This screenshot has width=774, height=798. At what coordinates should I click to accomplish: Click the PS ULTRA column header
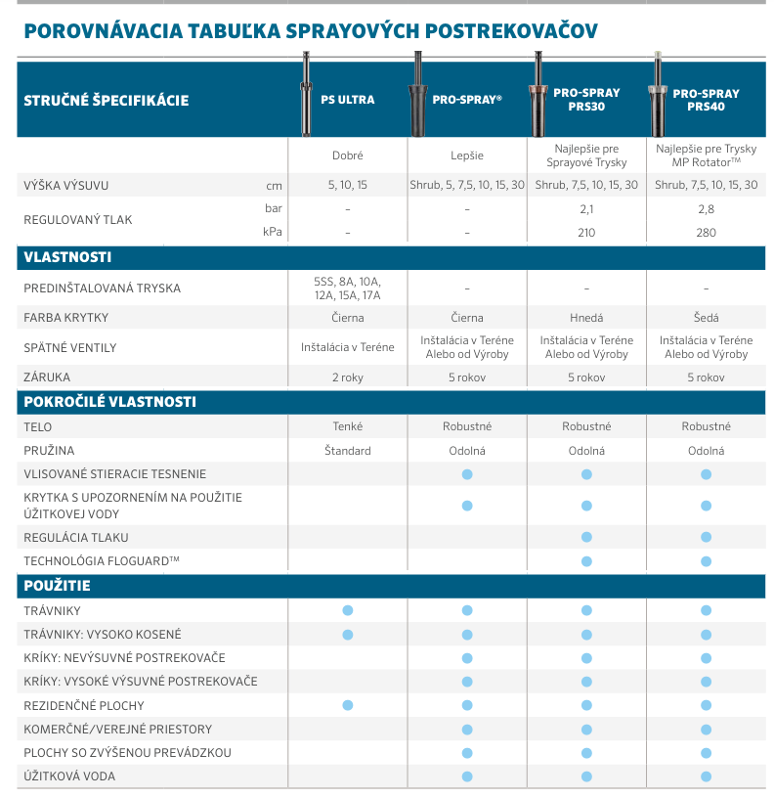click(x=348, y=100)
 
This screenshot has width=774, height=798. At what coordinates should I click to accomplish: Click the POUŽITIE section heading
click(x=57, y=586)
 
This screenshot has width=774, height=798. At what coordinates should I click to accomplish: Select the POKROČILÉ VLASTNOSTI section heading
click(x=109, y=401)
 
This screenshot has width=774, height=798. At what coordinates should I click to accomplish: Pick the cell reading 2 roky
click(x=348, y=377)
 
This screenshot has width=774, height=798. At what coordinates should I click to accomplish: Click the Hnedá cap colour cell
click(x=586, y=318)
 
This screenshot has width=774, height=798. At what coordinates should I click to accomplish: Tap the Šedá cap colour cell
click(x=706, y=318)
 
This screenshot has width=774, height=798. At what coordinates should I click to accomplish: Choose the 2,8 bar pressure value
click(x=706, y=209)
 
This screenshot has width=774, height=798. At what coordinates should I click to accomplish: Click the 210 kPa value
click(x=586, y=233)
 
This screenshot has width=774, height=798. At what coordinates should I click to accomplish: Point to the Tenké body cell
click(x=348, y=426)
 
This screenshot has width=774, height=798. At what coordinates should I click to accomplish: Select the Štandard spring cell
click(x=348, y=451)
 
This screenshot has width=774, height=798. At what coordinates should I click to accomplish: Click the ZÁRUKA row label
click(x=47, y=377)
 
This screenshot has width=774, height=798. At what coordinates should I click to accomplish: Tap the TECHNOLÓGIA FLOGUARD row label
click(x=102, y=560)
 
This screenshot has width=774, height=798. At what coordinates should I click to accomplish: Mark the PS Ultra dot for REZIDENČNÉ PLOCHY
click(x=348, y=705)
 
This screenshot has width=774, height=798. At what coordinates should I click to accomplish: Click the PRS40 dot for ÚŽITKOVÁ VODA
click(x=706, y=776)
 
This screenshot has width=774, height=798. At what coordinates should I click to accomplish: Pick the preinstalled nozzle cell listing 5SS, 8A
click(x=348, y=288)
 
